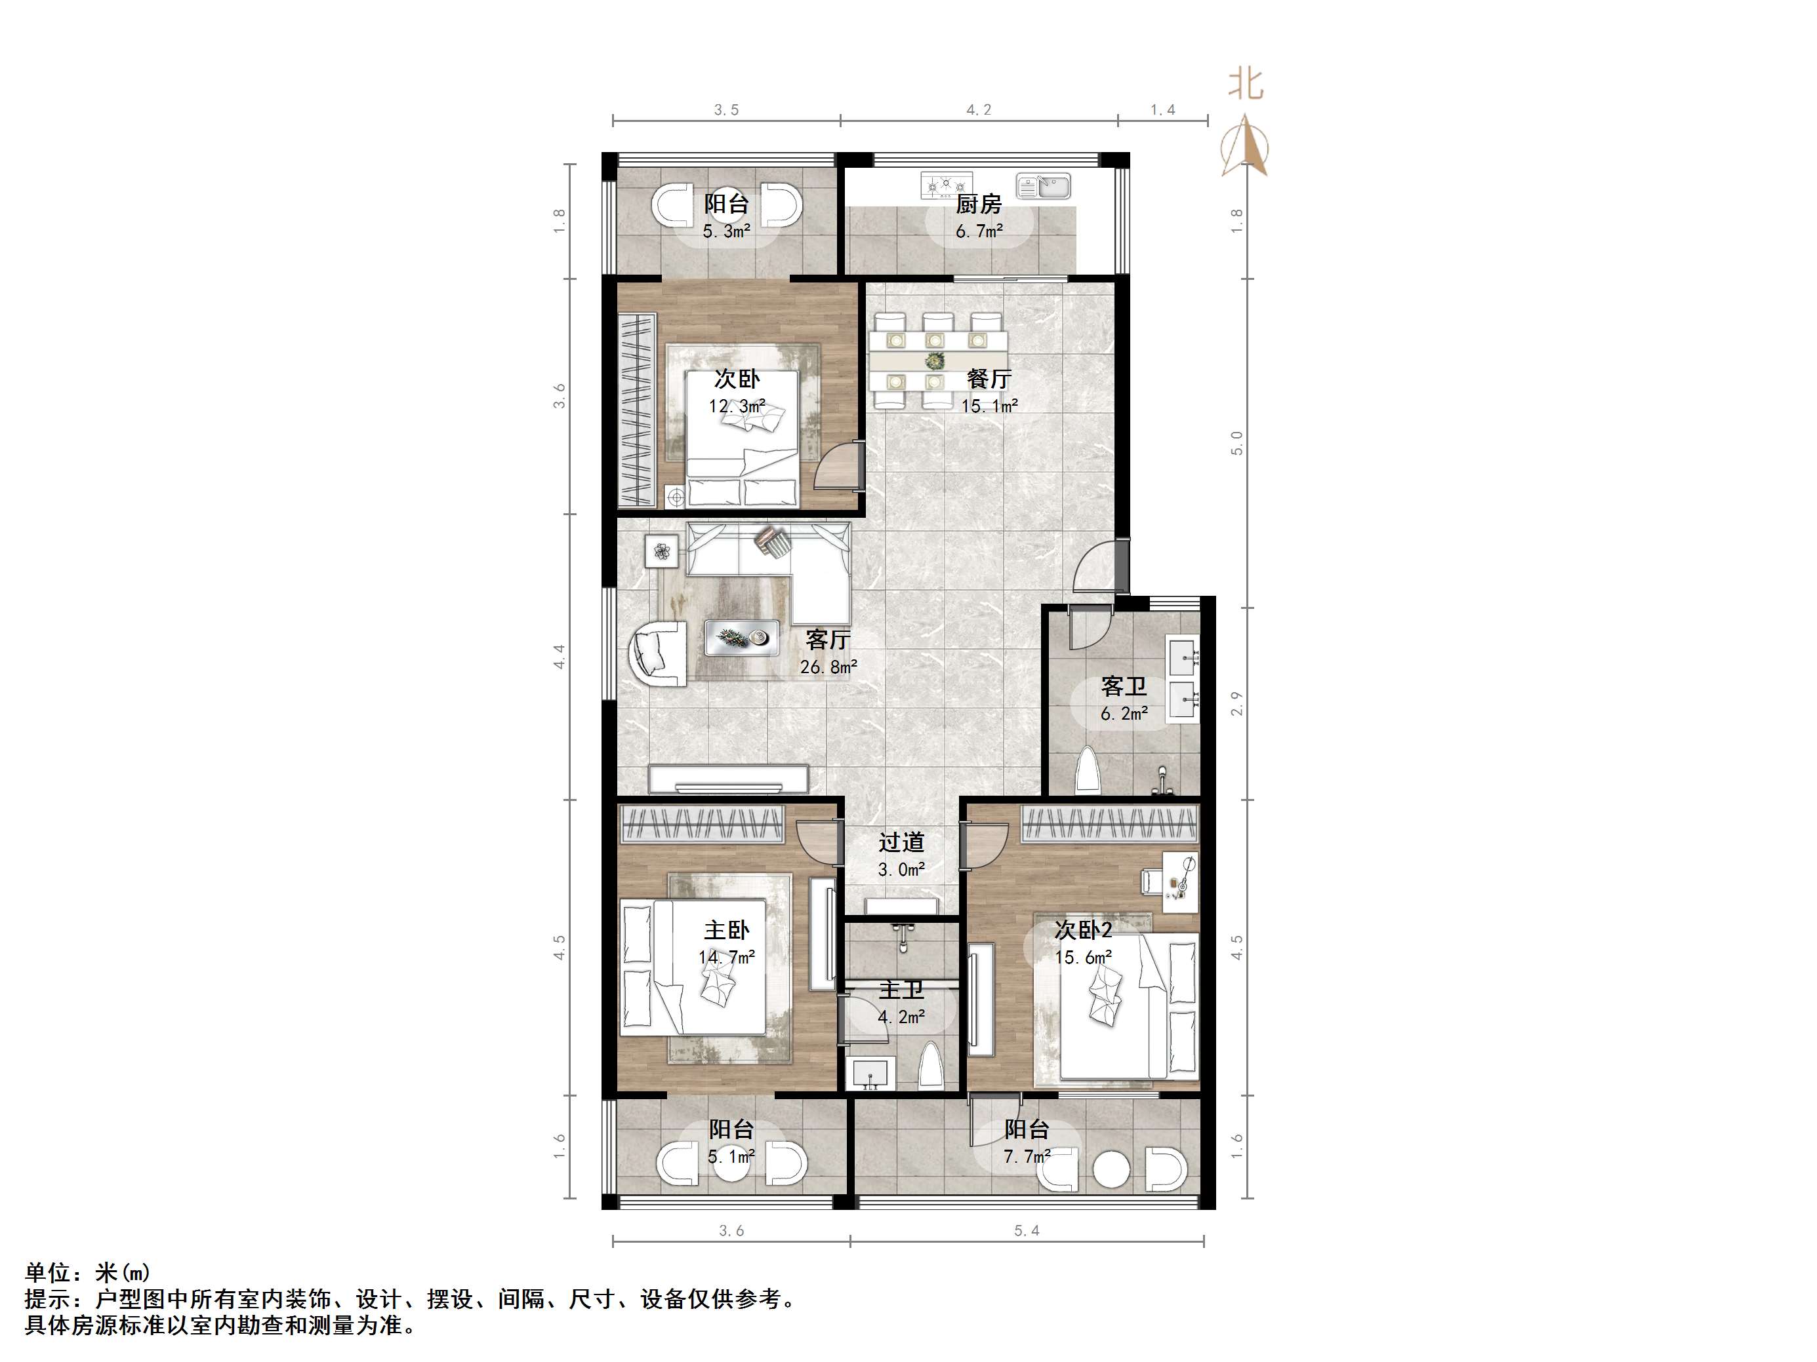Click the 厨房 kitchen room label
[978, 204]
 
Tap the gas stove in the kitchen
[947, 185]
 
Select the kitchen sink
[1043, 186]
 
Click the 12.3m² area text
[737, 406]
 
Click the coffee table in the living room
[743, 637]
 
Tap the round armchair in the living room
[657, 653]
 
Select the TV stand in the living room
[729, 778]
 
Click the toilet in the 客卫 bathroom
[1088, 769]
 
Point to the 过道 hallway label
[901, 842]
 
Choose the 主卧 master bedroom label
[726, 930]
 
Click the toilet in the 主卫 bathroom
[930, 1066]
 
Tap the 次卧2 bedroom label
[1084, 930]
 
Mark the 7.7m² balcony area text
[1027, 1157]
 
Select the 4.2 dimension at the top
[978, 110]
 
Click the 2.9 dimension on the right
[1237, 703]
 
